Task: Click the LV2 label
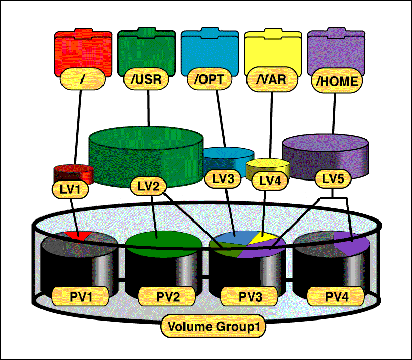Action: [x=148, y=185]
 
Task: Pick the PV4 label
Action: [x=336, y=296]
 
